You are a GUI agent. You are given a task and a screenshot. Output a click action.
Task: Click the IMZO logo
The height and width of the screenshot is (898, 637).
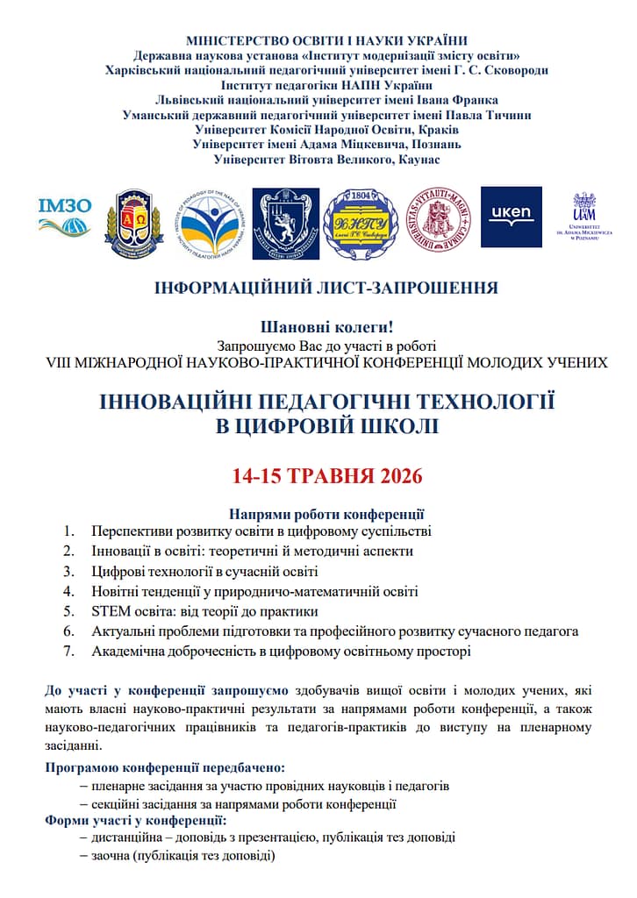(x=65, y=217)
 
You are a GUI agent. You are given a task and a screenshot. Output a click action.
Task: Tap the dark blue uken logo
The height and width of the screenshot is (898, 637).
(x=511, y=217)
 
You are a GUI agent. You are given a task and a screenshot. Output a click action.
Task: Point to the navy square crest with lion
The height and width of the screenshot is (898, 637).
(x=286, y=224)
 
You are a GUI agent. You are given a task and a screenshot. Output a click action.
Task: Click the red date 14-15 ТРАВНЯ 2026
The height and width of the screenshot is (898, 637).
(x=327, y=477)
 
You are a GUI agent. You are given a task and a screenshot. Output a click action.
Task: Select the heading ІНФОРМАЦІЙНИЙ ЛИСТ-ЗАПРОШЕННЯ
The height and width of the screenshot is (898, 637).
(x=326, y=288)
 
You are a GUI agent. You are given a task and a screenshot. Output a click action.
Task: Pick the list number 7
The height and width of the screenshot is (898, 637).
(x=68, y=652)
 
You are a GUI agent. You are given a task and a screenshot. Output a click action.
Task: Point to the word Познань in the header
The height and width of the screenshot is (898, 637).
(x=432, y=144)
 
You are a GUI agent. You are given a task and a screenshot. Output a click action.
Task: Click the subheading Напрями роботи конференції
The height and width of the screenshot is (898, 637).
(x=326, y=514)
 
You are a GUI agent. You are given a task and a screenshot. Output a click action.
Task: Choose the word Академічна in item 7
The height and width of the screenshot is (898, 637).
(x=129, y=652)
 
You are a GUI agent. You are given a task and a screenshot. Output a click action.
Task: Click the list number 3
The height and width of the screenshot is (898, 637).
(x=68, y=572)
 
